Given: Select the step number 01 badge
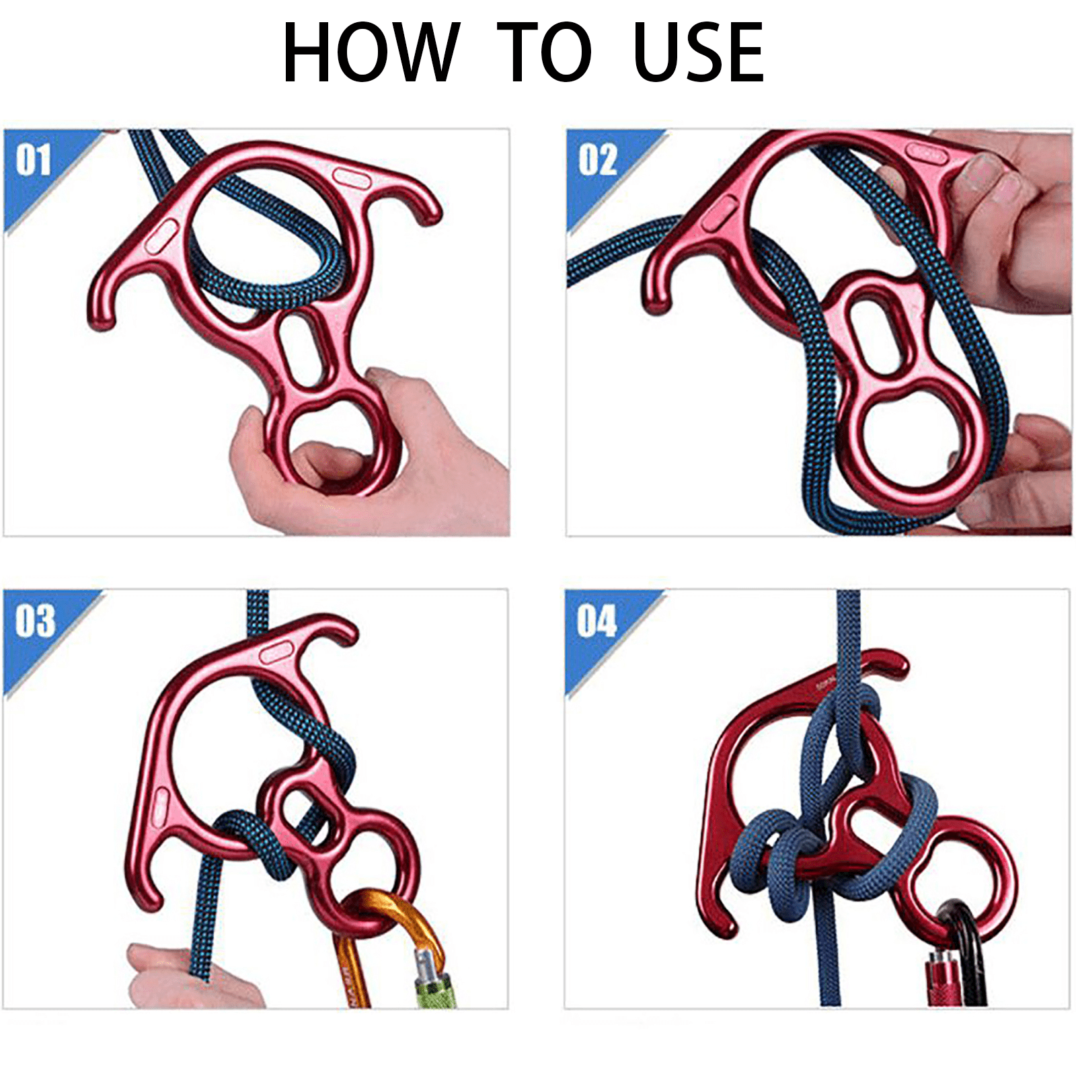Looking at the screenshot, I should (34, 160).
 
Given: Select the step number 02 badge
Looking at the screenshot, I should (597, 160).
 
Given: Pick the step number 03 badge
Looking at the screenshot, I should (35, 620).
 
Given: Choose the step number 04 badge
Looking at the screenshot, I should (596, 620).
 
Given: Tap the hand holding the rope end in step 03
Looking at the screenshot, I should (175, 978).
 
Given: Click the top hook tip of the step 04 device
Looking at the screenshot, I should (898, 666).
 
